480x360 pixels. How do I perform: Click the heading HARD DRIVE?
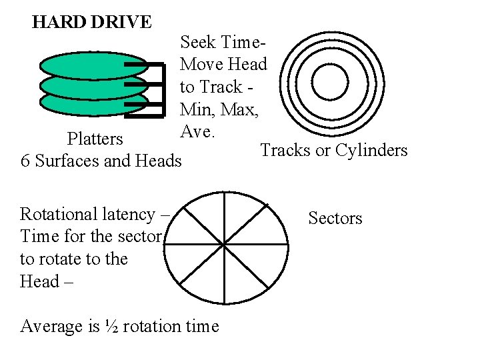(92, 22)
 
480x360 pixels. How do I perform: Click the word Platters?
(95, 139)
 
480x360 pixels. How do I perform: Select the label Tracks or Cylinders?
(333, 150)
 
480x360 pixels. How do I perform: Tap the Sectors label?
(335, 218)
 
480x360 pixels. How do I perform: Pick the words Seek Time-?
(223, 42)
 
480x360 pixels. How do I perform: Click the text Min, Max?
(218, 109)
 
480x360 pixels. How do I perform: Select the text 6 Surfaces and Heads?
(101, 161)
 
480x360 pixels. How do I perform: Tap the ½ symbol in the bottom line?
(111, 326)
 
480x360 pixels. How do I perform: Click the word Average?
(52, 326)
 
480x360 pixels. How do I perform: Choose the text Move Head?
(223, 64)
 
